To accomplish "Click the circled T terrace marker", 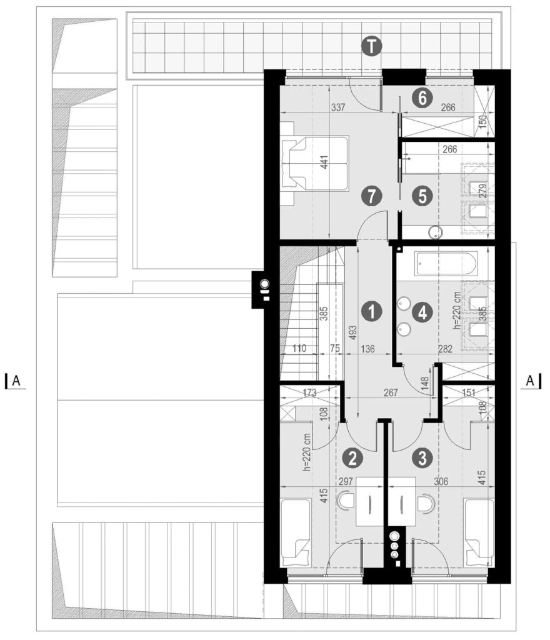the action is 371,46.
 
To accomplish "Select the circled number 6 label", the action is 422,98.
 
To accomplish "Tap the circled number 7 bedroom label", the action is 371,196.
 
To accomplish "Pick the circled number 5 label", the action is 422,196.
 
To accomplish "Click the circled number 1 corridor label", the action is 371,312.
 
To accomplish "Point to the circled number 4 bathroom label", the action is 422,312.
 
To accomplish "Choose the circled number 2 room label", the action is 352,458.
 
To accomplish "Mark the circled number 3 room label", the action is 422,458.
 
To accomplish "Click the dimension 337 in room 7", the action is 338,107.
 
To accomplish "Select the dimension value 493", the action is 353,332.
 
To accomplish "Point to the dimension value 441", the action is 324,162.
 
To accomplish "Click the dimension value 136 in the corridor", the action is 367,349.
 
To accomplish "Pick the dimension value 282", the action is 445,349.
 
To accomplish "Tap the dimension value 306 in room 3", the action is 441,482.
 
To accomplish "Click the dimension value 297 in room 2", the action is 346,482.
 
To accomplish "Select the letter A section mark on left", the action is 16,381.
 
